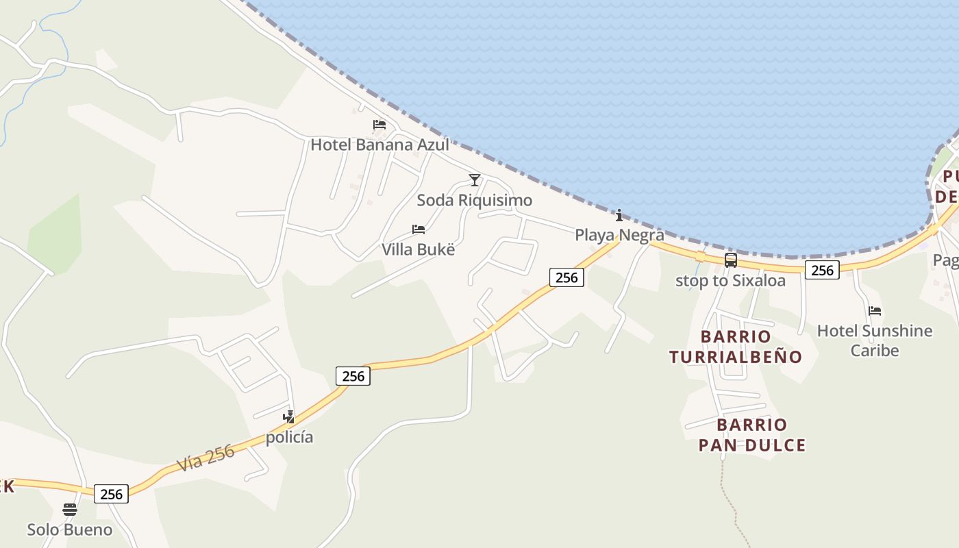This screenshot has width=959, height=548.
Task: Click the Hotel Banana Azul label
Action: click(379, 145)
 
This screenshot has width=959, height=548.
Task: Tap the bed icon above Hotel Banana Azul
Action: click(379, 125)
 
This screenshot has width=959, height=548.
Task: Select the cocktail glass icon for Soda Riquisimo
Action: click(474, 180)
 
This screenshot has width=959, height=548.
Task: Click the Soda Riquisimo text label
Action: click(474, 201)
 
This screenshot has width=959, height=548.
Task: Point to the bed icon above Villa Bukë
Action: click(418, 229)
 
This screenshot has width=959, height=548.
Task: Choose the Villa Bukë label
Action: click(418, 249)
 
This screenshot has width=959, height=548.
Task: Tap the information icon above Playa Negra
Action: click(619, 215)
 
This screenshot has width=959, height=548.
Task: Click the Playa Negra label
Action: click(619, 235)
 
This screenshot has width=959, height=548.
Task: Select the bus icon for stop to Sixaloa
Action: click(731, 260)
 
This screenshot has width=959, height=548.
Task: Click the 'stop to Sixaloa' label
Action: click(730, 280)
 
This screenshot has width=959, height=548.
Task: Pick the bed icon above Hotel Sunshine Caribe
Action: click(875, 311)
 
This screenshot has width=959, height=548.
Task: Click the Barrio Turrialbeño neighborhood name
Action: click(736, 347)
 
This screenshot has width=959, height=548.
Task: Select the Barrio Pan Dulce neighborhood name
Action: click(752, 435)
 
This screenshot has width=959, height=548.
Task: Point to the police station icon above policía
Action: click(289, 416)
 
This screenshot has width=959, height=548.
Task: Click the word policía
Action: click(289, 437)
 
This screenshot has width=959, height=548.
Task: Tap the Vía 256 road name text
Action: click(206, 458)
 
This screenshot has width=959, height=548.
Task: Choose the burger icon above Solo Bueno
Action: click(70, 510)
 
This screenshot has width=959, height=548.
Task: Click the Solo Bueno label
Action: click(69, 530)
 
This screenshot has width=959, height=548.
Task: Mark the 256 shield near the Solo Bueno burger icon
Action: click(111, 494)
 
